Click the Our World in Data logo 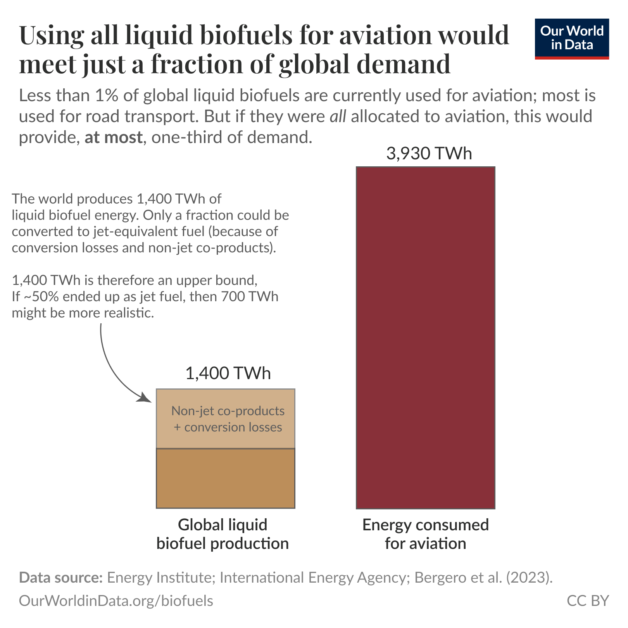[x=571, y=39]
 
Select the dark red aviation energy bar [x=425, y=337]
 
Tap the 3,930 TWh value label [x=429, y=154]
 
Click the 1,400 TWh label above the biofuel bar [x=228, y=373]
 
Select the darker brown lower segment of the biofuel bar [x=225, y=478]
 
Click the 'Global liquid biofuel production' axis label [x=223, y=534]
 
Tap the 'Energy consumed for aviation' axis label [x=425, y=534]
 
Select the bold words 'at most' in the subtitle [x=113, y=138]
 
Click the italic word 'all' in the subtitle [x=338, y=117]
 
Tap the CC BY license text [x=588, y=600]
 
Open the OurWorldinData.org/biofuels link [x=116, y=600]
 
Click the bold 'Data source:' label [x=61, y=578]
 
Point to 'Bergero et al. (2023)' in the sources [x=483, y=578]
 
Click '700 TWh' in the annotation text [x=250, y=297]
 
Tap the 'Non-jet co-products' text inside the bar [x=228, y=411]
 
